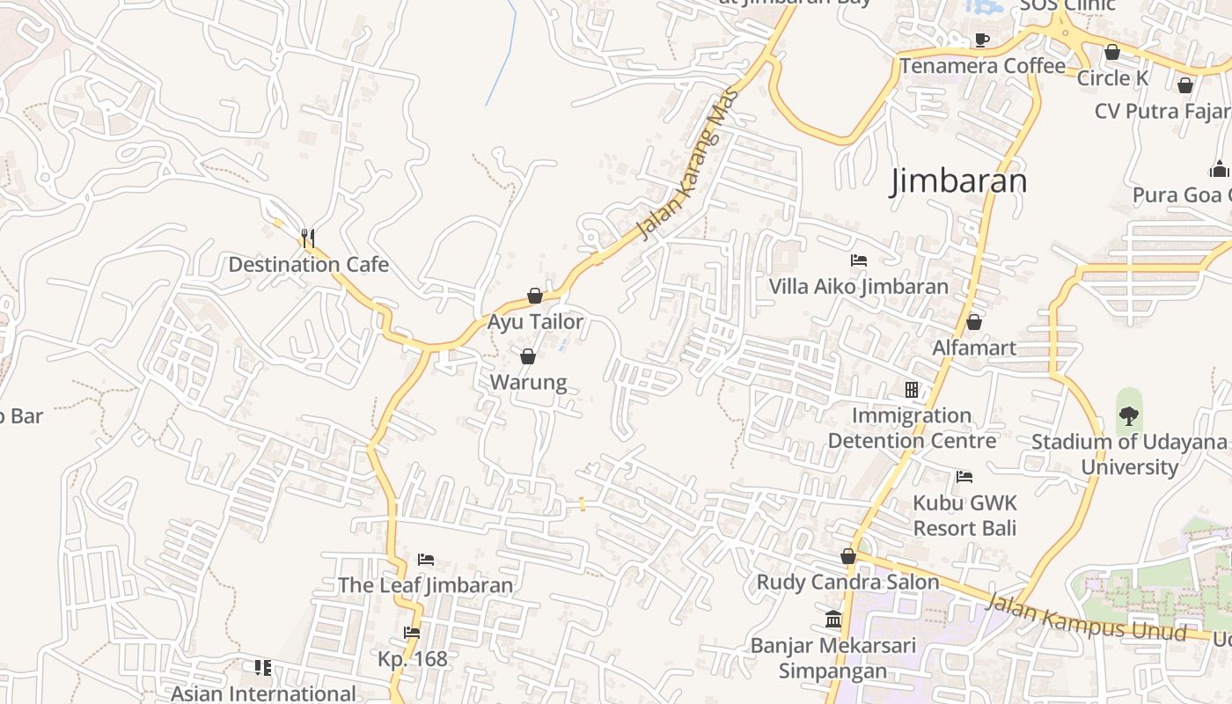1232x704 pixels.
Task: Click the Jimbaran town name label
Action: (958, 181)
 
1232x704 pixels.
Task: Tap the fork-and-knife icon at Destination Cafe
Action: (307, 238)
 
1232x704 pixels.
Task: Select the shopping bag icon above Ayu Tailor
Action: (535, 296)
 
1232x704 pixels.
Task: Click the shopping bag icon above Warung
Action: (528, 356)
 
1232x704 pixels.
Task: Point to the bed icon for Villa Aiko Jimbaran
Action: (859, 260)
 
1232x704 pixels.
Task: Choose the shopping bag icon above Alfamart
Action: (973, 322)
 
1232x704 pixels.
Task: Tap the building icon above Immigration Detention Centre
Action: (912, 389)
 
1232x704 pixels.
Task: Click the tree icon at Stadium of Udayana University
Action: (1128, 414)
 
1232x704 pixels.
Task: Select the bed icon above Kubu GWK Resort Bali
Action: (964, 477)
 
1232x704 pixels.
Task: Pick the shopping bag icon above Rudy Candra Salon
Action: (848, 556)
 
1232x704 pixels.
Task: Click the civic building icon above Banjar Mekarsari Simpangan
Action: (833, 620)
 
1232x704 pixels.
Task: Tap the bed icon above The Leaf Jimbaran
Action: (426, 560)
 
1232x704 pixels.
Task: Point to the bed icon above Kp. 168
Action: (412, 633)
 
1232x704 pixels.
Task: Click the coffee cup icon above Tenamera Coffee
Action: (982, 40)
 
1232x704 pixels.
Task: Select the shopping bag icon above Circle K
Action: (1112, 53)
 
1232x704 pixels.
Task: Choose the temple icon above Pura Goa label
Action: (1219, 168)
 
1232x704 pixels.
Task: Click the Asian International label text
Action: (263, 693)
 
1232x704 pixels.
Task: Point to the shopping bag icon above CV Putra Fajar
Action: (1185, 85)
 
